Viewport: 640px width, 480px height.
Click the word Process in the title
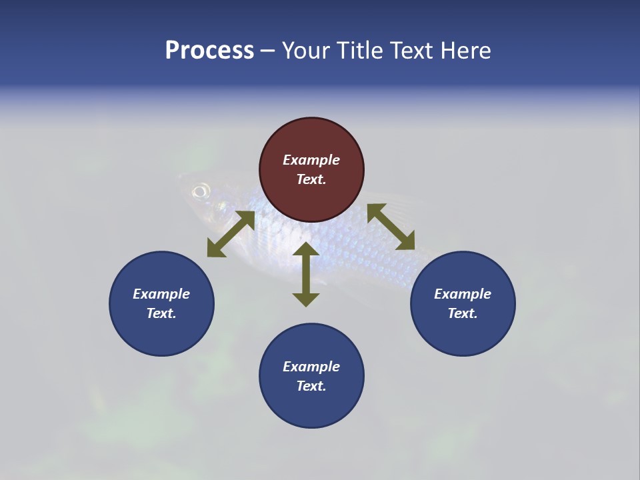[209, 51]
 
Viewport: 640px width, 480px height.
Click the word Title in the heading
[360, 51]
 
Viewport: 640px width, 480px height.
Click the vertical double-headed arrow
[306, 274]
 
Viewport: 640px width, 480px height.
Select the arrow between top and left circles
[231, 234]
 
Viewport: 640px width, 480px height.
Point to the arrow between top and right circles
[391, 227]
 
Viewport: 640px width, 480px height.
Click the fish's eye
[199, 192]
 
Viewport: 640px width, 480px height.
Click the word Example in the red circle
[311, 160]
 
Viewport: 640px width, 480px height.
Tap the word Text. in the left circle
[161, 313]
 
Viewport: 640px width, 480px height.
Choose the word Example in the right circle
[463, 294]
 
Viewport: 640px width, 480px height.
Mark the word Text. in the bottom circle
[311, 386]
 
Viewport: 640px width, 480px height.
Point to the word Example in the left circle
[161, 294]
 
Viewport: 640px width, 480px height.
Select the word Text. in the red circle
[311, 179]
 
